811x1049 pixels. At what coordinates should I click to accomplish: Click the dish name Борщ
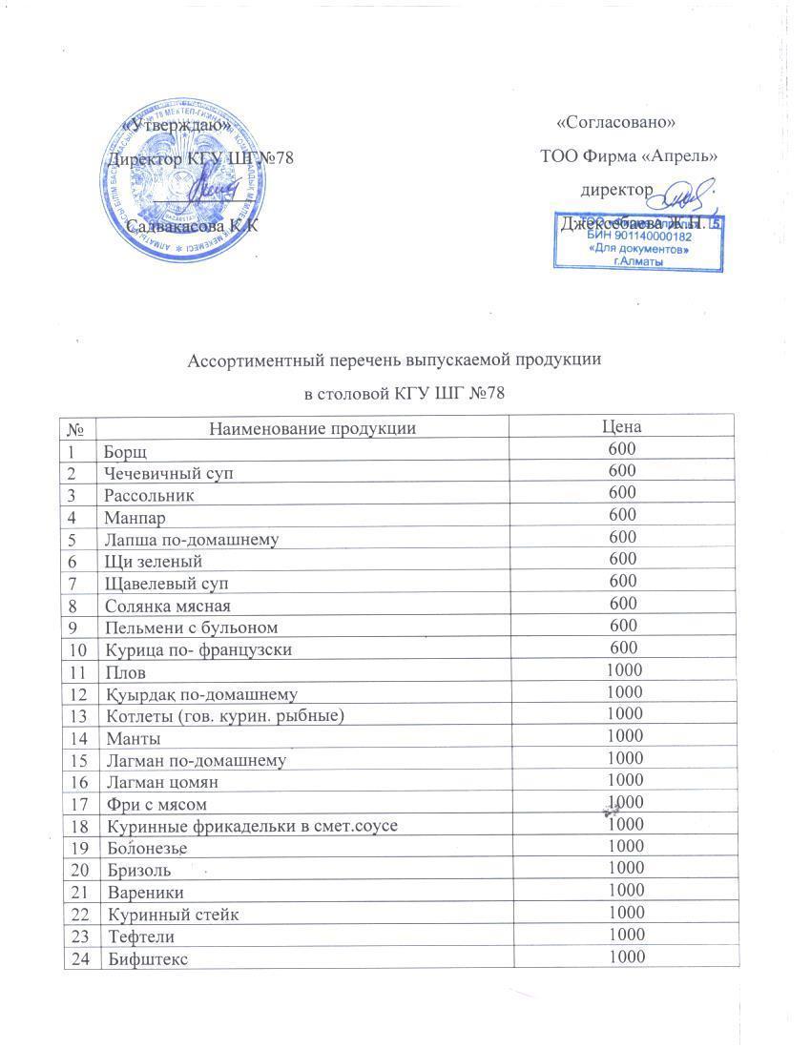tap(125, 451)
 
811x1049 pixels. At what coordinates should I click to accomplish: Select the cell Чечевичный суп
tap(168, 473)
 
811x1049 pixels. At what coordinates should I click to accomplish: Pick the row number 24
tap(80, 958)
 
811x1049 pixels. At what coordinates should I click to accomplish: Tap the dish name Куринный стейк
tap(173, 915)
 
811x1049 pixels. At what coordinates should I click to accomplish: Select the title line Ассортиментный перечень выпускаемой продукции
tap(394, 361)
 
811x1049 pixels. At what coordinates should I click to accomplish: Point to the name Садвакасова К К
tap(192, 227)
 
